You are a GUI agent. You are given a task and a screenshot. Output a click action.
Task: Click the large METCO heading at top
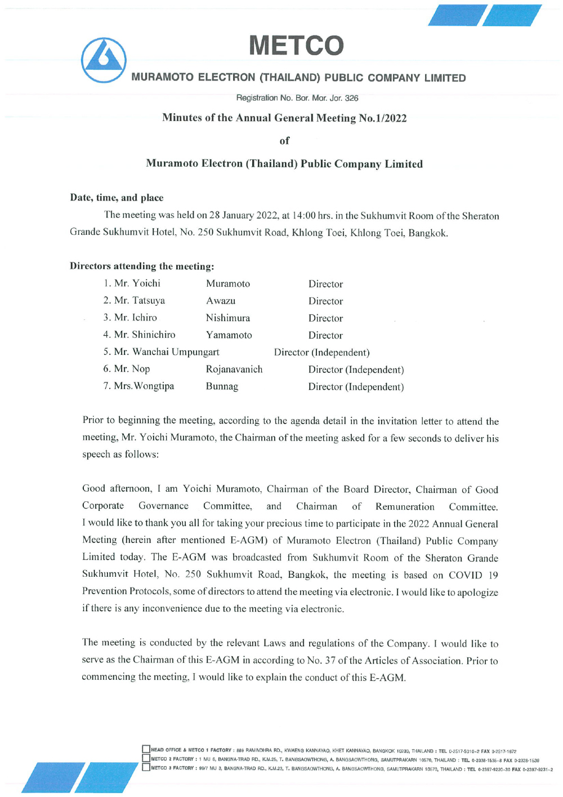(296, 46)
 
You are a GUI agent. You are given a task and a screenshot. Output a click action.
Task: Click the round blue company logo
(104, 60)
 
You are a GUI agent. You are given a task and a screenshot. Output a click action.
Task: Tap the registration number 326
(351, 98)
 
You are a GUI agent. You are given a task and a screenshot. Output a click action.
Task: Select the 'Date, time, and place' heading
(117, 198)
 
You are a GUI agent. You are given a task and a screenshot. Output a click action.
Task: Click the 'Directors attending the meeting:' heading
(142, 266)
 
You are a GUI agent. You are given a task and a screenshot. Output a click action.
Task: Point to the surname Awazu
(221, 301)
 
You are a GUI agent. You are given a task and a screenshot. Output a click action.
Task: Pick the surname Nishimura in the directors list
(227, 318)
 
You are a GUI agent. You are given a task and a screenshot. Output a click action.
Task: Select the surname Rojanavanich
(234, 369)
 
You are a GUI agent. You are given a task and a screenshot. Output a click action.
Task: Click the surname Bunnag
(222, 386)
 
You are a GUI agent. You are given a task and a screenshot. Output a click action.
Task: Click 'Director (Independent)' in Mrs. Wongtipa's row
(356, 387)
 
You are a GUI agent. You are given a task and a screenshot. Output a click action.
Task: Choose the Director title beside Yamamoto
(325, 335)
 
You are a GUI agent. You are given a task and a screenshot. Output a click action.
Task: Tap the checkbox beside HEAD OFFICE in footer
(146, 749)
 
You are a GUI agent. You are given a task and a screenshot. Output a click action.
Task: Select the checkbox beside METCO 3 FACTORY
(146, 767)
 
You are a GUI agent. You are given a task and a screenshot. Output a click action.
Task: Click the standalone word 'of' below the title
(284, 141)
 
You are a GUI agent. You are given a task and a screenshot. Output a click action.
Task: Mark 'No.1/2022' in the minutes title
(383, 118)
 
